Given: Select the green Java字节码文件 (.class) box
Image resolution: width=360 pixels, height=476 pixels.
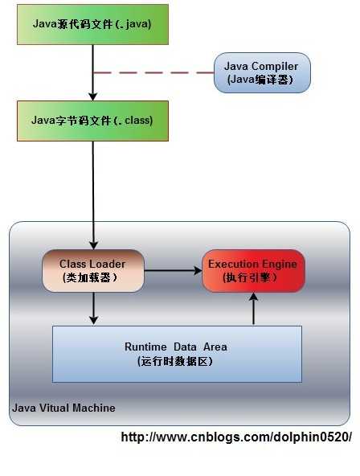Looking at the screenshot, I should [92, 121].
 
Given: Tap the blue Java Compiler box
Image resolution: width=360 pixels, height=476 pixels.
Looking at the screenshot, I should [262, 72].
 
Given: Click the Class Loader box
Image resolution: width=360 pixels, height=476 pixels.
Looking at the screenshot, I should [93, 270].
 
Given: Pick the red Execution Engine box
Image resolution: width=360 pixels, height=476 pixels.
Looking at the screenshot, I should [252, 270].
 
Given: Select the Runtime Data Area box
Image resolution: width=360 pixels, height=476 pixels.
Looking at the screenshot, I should [177, 354].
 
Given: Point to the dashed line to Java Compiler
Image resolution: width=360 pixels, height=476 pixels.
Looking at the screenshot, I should [153, 72].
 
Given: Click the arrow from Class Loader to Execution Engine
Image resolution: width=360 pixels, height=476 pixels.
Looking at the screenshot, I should [173, 271].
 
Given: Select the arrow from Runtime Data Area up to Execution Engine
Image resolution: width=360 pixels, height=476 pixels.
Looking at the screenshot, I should [254, 309].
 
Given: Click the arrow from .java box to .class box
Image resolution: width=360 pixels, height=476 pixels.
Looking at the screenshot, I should [93, 72].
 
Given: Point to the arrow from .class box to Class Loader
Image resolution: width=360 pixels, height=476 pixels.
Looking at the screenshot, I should [93, 193].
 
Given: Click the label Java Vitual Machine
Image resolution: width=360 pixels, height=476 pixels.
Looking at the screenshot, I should [63, 408].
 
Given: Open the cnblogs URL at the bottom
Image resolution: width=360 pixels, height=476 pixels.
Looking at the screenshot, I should [236, 437].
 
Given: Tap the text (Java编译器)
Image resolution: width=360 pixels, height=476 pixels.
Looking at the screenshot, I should [262, 80].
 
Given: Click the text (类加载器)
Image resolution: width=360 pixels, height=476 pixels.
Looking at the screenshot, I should [89, 277].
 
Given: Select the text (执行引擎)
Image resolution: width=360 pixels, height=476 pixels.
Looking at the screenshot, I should [252, 277].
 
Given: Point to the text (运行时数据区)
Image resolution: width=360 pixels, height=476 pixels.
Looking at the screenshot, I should [176, 361].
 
